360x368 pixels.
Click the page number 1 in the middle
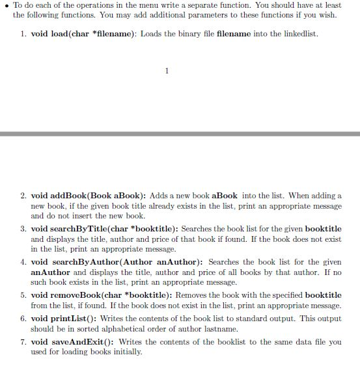point(167,71)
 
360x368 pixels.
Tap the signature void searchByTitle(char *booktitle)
point(104,229)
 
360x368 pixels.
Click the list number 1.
point(23,33)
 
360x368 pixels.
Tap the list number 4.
point(23,262)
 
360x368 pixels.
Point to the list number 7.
point(23,342)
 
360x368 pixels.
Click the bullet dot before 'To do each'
point(7,5)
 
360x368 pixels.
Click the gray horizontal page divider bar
point(180,133)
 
